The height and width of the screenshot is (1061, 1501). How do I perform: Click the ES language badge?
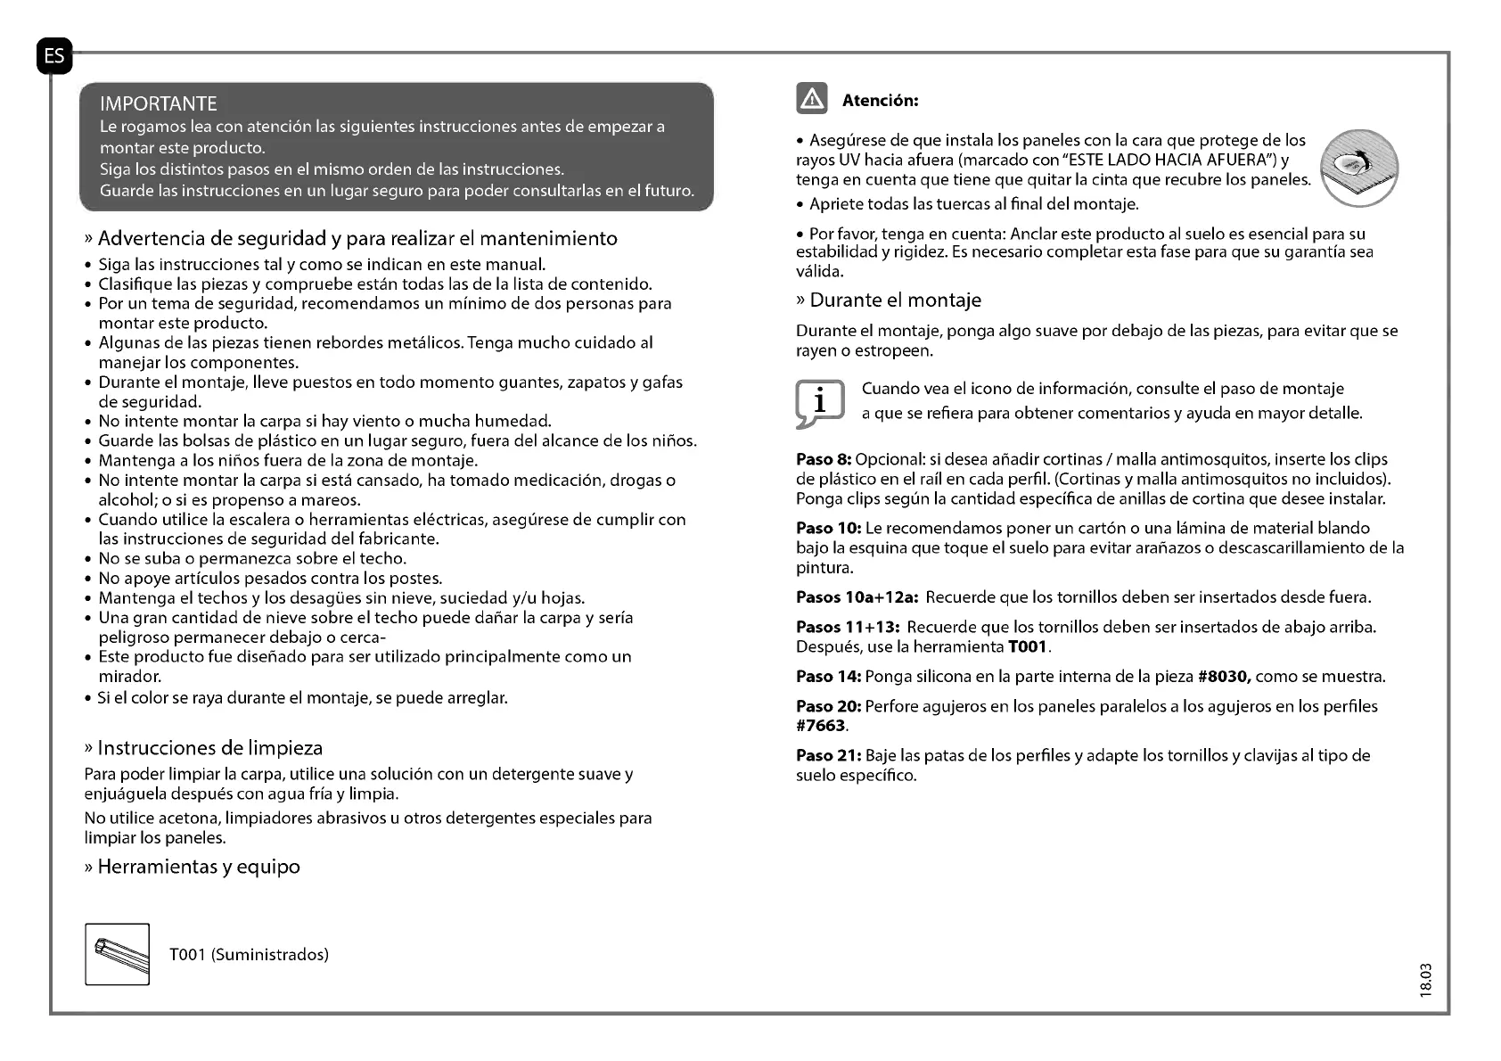[54, 56]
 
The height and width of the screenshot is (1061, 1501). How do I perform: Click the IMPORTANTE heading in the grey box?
[159, 103]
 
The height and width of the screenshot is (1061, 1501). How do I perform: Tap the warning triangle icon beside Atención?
[812, 100]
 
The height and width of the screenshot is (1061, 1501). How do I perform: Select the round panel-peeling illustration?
[1360, 168]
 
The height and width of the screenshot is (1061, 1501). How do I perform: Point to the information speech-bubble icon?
[819, 402]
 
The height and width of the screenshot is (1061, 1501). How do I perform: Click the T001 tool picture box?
[118, 954]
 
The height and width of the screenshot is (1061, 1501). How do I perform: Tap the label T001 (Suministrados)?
[249, 955]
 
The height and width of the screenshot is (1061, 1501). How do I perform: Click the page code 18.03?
[1425, 980]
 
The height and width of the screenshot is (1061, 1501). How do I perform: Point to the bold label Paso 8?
[824, 459]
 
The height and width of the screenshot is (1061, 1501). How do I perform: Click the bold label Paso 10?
[828, 528]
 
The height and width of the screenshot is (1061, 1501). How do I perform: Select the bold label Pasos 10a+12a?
[857, 596]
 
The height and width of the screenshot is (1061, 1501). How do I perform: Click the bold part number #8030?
[1225, 676]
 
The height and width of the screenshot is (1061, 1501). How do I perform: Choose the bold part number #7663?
[821, 726]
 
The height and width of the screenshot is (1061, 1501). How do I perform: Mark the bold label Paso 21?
[828, 755]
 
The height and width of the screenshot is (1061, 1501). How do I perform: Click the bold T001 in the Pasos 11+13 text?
[1028, 646]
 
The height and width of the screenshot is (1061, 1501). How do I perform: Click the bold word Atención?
[880, 101]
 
